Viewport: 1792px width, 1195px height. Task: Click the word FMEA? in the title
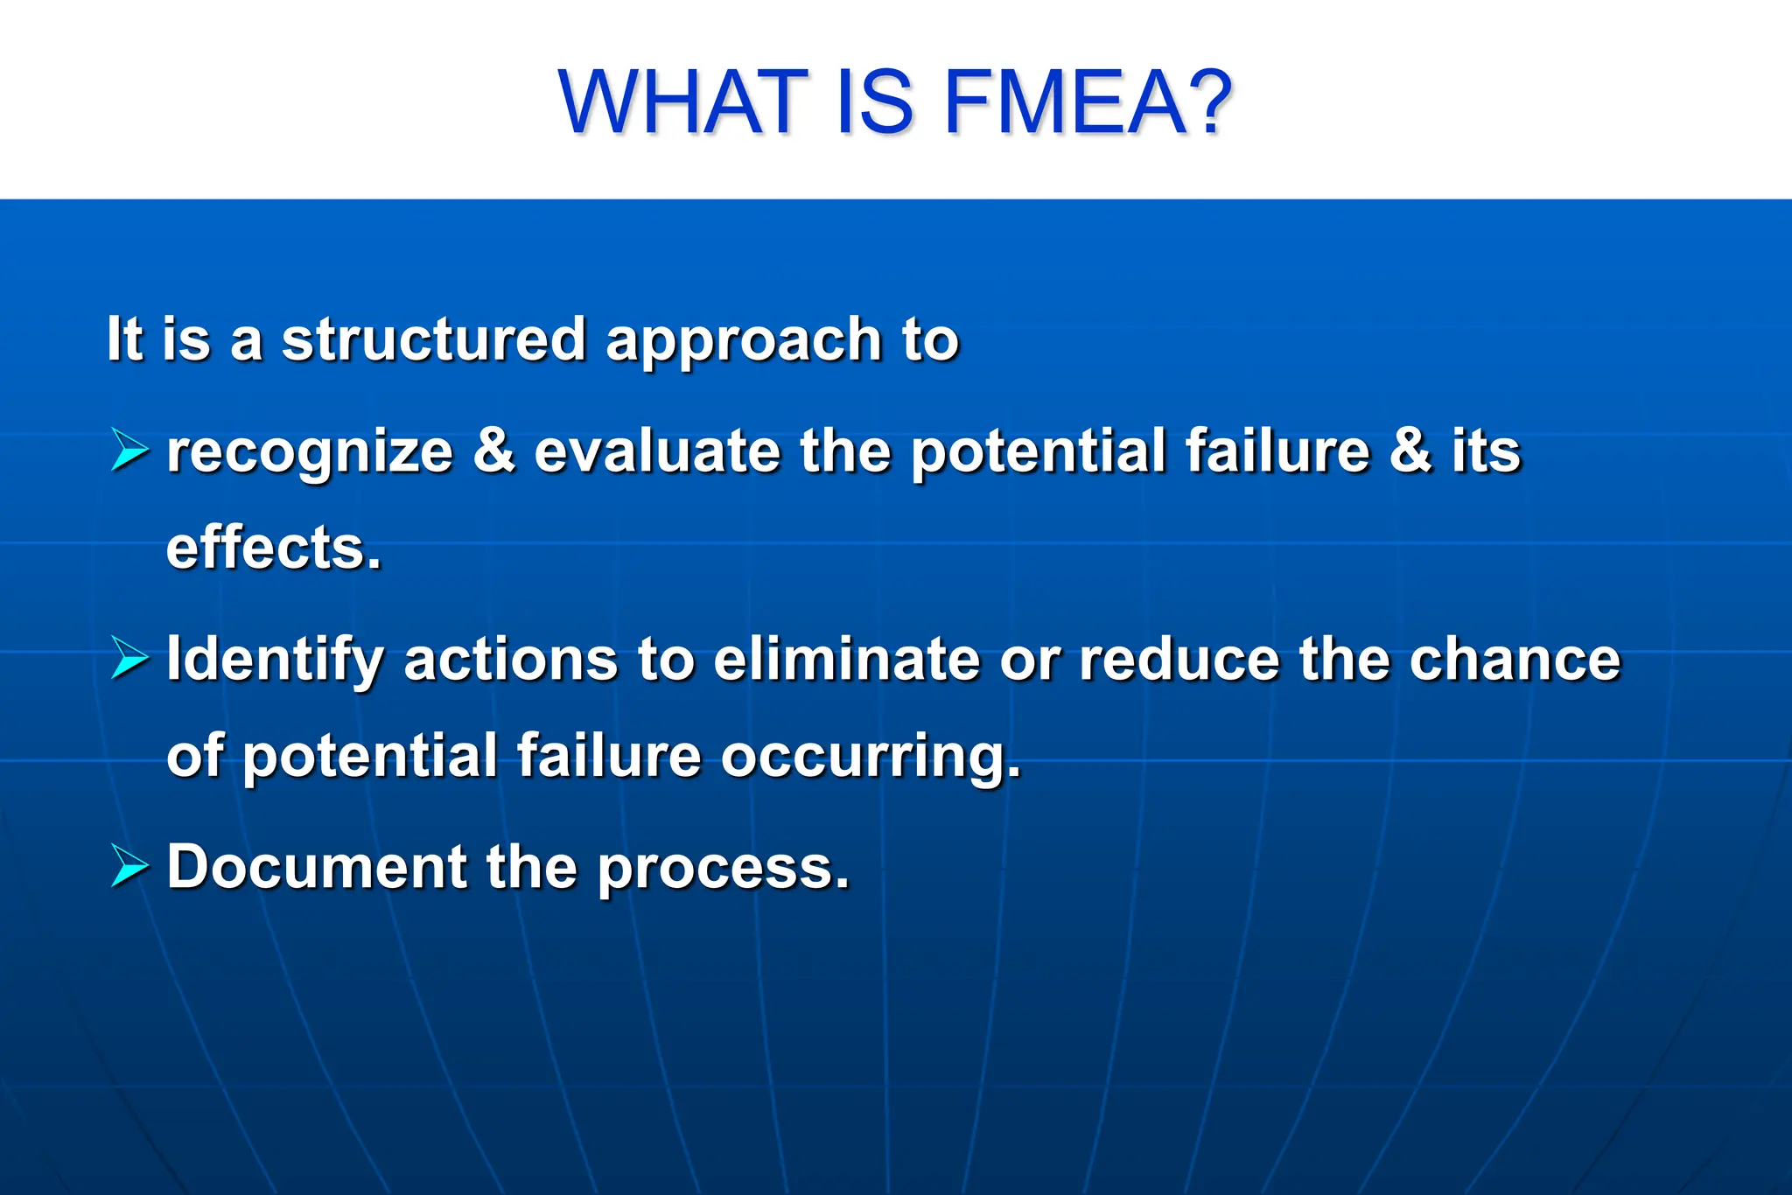[1088, 102]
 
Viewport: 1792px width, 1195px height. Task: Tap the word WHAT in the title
[683, 102]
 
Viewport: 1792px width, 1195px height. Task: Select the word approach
[744, 341]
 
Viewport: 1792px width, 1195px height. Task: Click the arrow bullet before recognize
[129, 451]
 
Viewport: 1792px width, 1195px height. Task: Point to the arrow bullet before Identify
[129, 659]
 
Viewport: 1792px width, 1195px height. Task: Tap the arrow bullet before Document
[129, 867]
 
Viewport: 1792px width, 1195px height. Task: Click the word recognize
[310, 453]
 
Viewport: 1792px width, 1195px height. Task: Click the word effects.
[274, 548]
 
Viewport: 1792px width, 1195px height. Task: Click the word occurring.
[871, 757]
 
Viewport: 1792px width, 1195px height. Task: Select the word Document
[317, 867]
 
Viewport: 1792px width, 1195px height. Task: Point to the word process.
[723, 869]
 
